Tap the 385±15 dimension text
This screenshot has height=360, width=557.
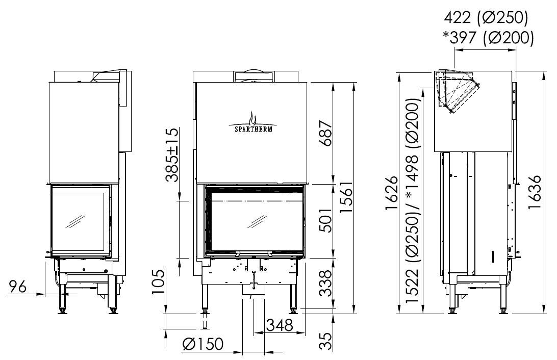pos(172,155)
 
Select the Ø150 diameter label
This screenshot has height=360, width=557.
pos(203,344)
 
